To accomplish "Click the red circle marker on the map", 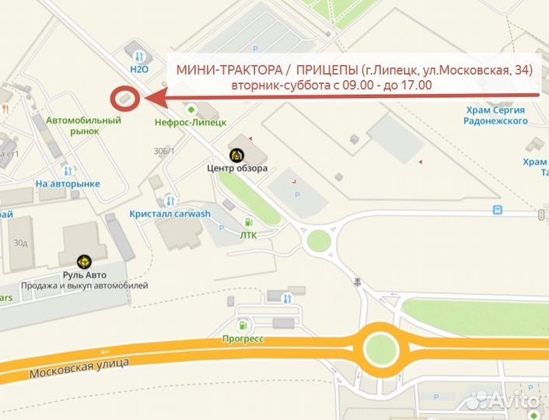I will (124, 99).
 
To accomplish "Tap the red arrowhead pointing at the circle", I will (152, 98).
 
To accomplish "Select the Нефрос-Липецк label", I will (191, 122).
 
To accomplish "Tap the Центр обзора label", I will (237, 168).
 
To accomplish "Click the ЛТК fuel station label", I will (248, 234).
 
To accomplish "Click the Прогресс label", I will (243, 338).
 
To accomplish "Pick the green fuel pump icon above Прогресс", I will (243, 324).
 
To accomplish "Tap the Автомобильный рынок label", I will (83, 126).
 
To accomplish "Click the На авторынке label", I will (68, 184).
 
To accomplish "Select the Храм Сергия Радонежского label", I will (495, 115).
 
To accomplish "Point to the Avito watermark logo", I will (504, 400).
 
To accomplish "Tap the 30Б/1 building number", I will (164, 151).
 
